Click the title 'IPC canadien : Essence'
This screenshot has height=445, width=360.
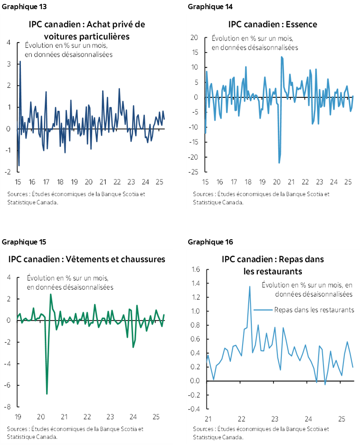(273, 24)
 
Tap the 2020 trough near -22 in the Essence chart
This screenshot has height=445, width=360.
(279, 163)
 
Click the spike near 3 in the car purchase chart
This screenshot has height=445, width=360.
(20, 62)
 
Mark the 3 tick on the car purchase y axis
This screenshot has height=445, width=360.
(9, 64)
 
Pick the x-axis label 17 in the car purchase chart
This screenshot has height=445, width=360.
(46, 182)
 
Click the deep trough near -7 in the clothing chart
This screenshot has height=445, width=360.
(47, 393)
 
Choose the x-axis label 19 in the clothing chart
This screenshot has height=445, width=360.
(18, 417)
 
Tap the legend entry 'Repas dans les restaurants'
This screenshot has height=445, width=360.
(314, 310)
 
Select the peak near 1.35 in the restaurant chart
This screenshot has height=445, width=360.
(250, 286)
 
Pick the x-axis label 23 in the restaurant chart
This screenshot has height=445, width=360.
(275, 419)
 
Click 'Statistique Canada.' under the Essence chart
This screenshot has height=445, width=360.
(218, 202)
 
